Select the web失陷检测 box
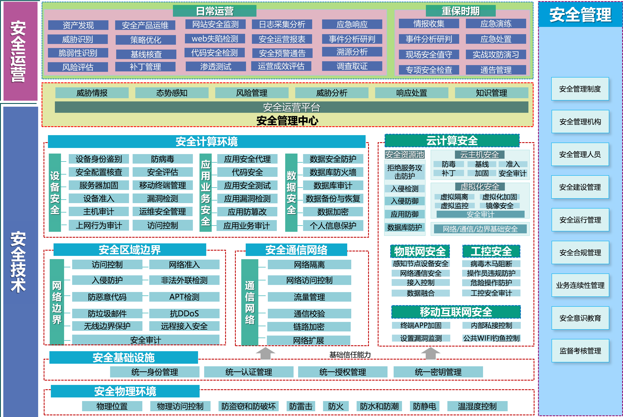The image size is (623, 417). [215, 39]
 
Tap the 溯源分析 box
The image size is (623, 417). [352, 52]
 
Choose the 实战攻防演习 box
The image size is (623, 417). [496, 55]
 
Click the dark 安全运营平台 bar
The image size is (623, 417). [291, 107]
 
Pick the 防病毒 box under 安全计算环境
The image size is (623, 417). [163, 159]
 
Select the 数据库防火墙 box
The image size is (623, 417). [333, 172]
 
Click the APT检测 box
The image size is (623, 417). [184, 297]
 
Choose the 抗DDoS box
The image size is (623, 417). [184, 314]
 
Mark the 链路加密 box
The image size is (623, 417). [309, 327]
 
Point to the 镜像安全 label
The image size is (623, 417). [499, 206]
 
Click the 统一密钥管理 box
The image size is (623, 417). [438, 372]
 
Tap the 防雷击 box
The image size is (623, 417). [301, 406]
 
